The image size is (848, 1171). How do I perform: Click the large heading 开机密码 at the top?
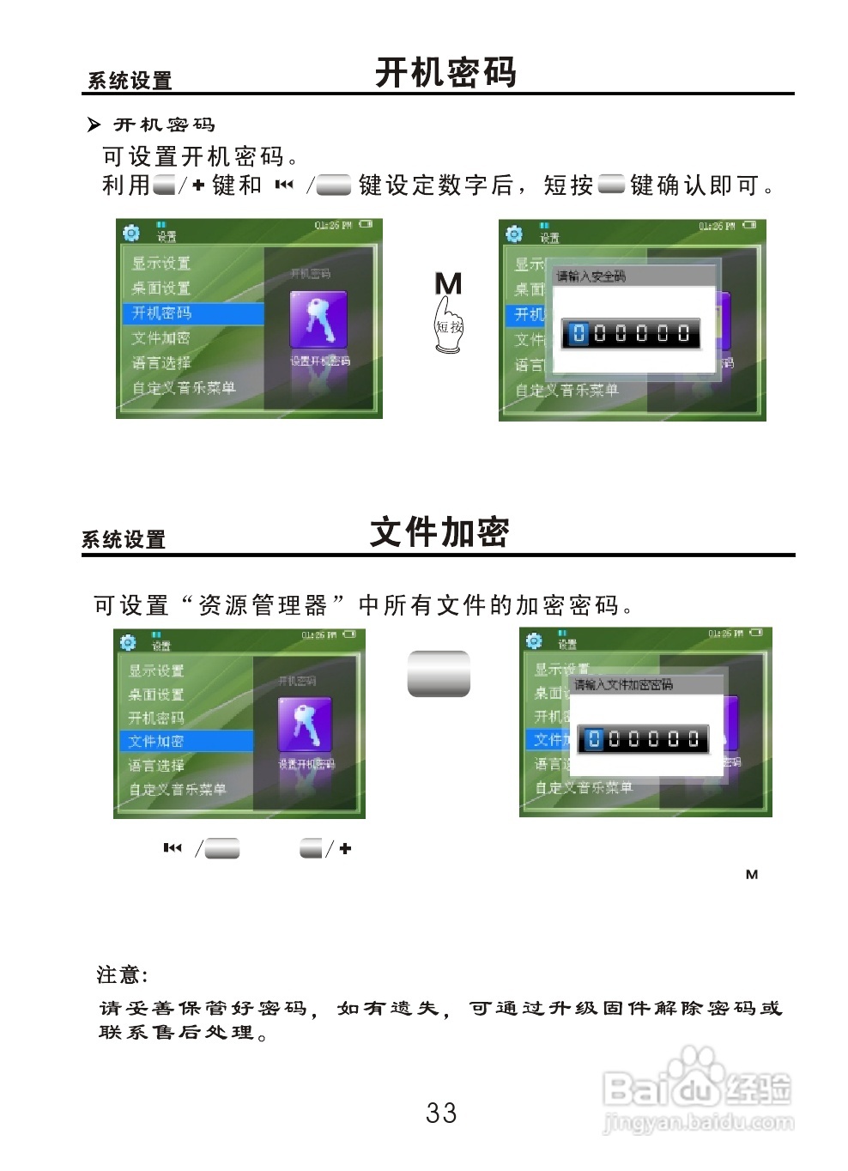click(445, 73)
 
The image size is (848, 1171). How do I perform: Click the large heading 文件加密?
click(439, 532)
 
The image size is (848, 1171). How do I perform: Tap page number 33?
click(441, 1113)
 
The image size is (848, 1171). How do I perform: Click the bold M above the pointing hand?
click(448, 283)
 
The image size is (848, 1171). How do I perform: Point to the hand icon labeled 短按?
click(448, 326)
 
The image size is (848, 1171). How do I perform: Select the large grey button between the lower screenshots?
click(439, 673)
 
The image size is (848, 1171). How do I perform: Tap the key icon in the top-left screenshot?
click(318, 319)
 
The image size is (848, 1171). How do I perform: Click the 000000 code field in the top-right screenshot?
click(631, 334)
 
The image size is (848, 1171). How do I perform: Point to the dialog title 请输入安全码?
click(591, 276)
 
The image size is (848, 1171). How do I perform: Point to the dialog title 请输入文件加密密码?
click(623, 684)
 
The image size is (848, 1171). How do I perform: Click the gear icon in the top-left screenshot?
click(131, 234)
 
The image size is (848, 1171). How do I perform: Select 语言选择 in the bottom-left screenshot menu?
click(156, 765)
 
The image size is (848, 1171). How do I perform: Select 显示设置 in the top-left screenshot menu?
click(161, 263)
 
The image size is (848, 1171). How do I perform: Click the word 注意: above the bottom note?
click(122, 974)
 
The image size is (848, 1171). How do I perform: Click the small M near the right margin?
click(752, 875)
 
